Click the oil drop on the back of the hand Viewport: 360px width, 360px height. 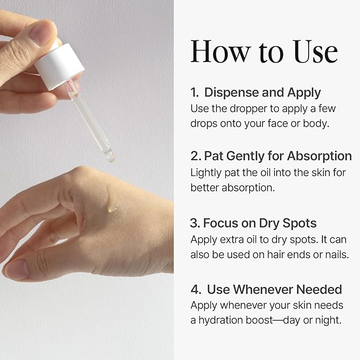[x=112, y=208]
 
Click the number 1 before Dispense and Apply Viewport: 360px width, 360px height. [x=194, y=92]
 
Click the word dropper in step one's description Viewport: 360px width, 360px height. [x=249, y=109]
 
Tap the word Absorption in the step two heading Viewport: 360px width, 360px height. [x=319, y=156]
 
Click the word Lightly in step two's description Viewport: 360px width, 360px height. [x=206, y=173]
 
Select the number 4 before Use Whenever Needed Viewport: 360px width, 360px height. [x=196, y=289]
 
